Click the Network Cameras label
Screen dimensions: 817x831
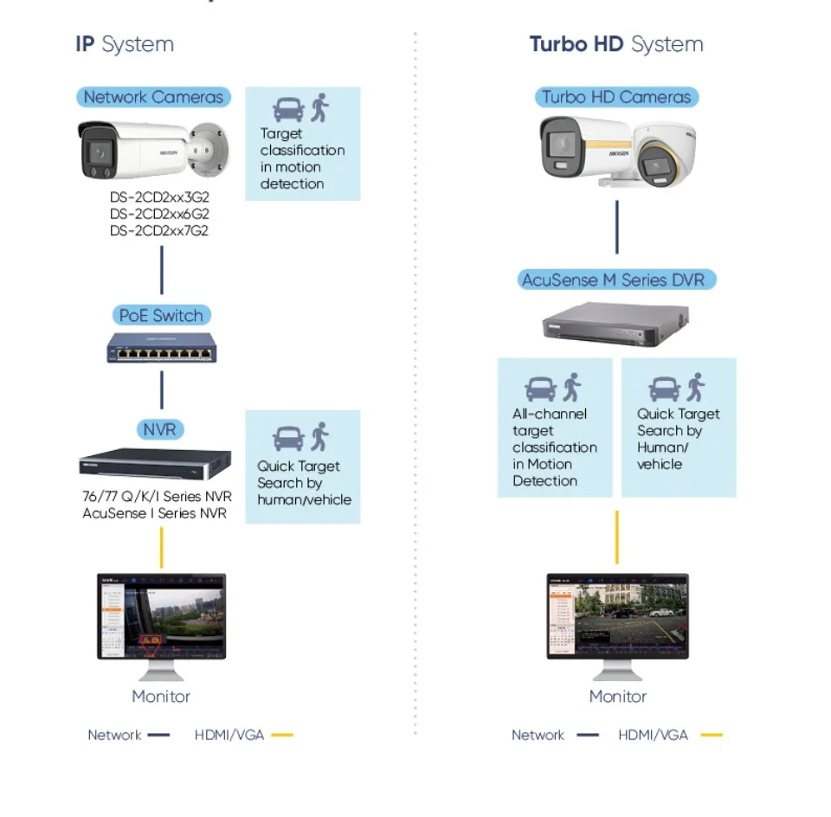(x=153, y=97)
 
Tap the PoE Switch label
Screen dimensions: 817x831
(x=161, y=315)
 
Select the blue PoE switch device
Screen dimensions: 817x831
(x=161, y=349)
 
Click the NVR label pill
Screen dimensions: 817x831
(x=160, y=428)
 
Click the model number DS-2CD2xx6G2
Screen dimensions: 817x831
(x=159, y=214)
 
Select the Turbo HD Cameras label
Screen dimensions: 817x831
(x=616, y=97)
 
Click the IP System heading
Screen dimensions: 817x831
(x=125, y=44)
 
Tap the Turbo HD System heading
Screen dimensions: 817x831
(x=616, y=44)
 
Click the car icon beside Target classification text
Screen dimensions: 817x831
(x=288, y=109)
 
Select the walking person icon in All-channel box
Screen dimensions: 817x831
(x=572, y=388)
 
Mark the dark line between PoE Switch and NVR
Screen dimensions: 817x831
(x=162, y=390)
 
